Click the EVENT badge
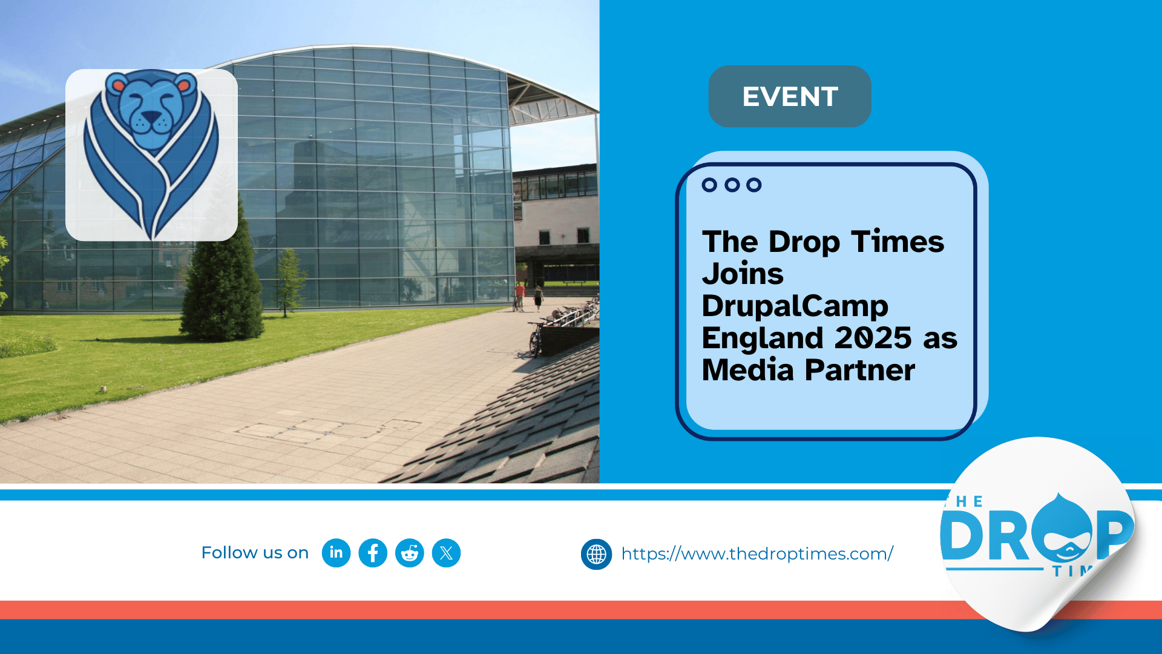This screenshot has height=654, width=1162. (x=790, y=96)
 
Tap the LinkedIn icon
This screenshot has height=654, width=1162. (x=336, y=553)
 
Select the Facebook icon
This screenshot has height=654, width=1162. (x=373, y=553)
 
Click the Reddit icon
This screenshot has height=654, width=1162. (x=410, y=553)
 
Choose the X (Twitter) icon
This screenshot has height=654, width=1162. (x=447, y=553)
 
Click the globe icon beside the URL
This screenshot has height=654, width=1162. (x=596, y=554)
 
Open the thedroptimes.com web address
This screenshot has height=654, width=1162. (x=757, y=554)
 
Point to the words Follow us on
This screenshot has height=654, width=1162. (x=255, y=553)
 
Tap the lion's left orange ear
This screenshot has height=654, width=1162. (x=119, y=85)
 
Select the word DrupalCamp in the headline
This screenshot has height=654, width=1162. (x=795, y=306)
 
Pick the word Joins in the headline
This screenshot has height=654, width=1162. (x=743, y=274)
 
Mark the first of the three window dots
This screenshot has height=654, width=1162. (x=709, y=185)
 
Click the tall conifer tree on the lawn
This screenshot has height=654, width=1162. (x=223, y=272)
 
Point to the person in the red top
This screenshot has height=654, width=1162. (x=519, y=296)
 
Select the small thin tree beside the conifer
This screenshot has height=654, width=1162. (x=288, y=282)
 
